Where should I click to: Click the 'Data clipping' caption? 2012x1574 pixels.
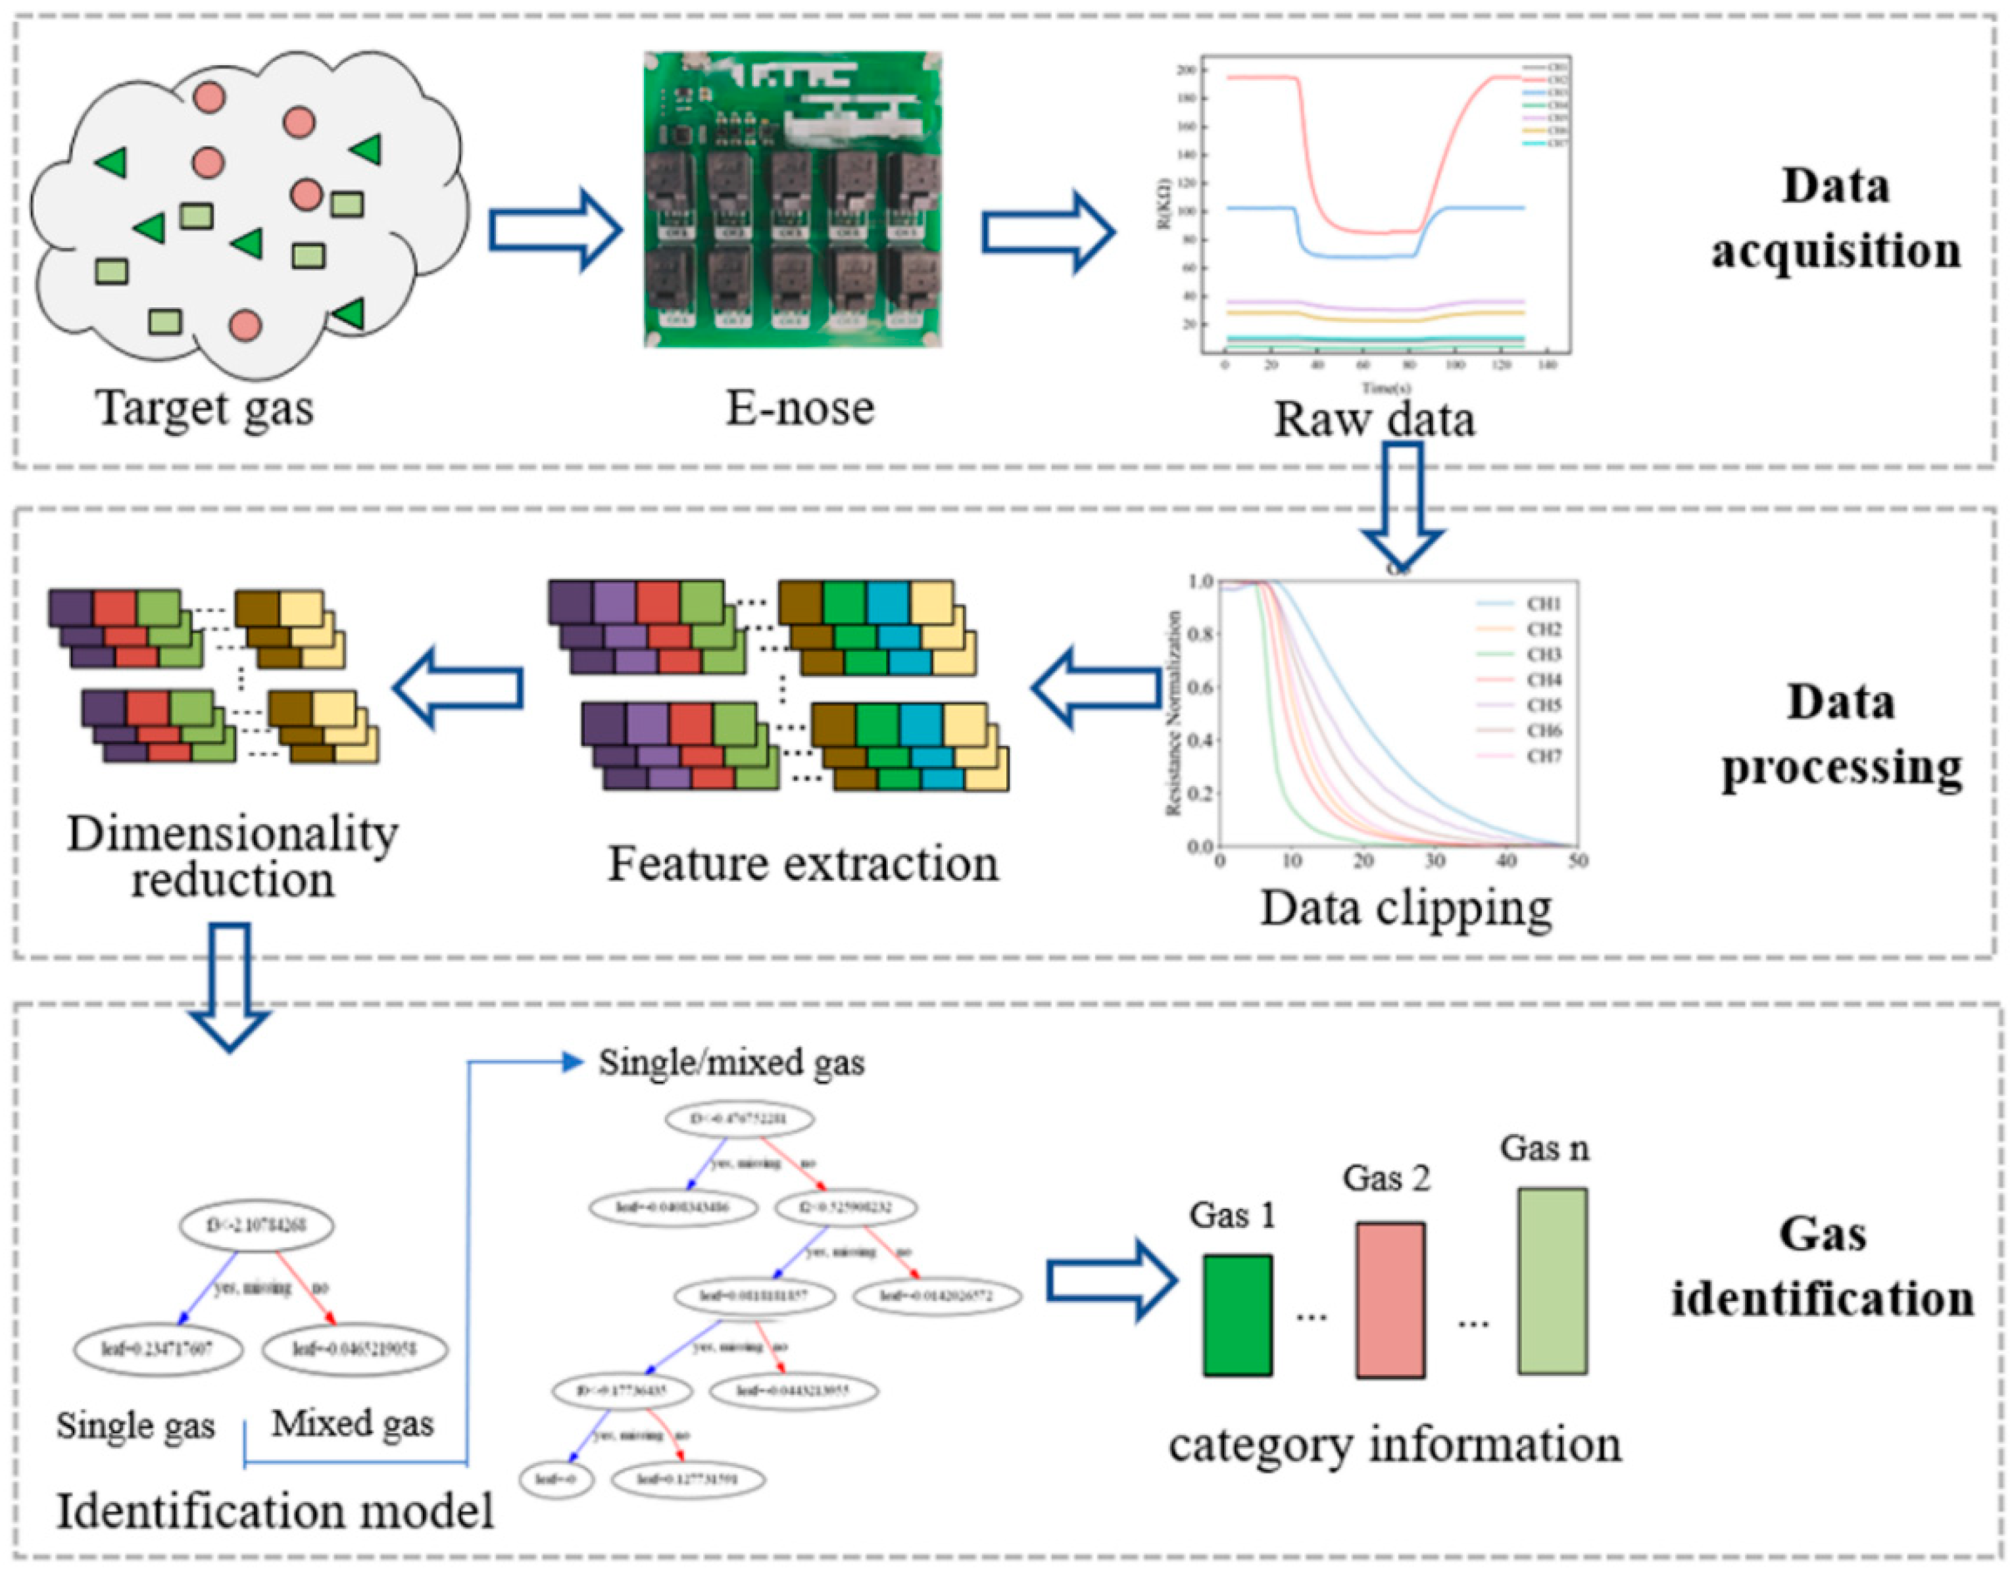click(x=1406, y=908)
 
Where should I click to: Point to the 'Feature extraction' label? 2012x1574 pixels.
click(x=802, y=864)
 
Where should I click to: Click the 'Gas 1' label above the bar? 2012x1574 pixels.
click(x=1233, y=1216)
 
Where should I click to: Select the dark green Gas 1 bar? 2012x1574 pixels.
click(x=1238, y=1315)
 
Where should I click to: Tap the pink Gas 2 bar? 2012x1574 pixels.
click(x=1390, y=1299)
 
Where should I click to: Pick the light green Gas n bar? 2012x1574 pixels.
click(x=1552, y=1281)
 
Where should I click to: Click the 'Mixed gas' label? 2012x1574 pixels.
click(x=352, y=1424)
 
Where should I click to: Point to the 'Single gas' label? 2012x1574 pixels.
click(x=135, y=1425)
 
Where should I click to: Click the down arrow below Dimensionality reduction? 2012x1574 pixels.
click(x=230, y=985)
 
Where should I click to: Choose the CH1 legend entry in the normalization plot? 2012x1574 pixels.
click(x=1520, y=604)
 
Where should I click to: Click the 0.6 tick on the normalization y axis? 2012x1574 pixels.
click(x=1201, y=687)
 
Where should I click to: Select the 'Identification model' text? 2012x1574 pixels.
click(x=276, y=1512)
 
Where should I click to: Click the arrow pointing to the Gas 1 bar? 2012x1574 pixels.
click(x=1112, y=1281)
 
